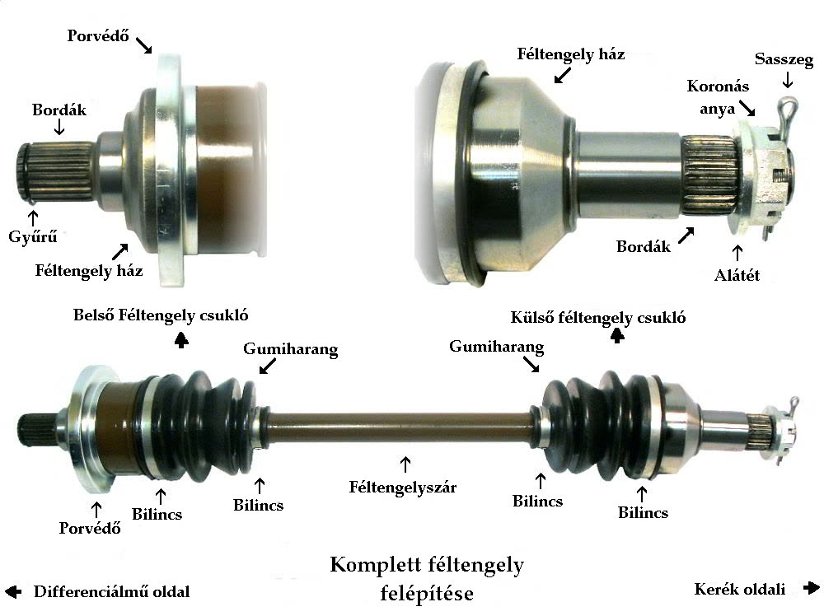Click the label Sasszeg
click(784, 59)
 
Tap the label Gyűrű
click(33, 237)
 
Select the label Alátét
click(737, 275)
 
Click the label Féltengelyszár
click(403, 488)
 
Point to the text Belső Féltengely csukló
click(161, 315)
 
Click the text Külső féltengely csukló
click(598, 317)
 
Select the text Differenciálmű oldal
click(111, 592)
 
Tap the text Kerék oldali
click(739, 589)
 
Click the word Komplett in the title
click(375, 565)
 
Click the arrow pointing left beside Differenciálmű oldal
click(13, 591)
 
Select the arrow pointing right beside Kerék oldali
click(811, 588)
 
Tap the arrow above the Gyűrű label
click(33, 218)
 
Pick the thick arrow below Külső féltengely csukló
click(617, 335)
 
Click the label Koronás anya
click(718, 97)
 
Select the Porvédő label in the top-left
click(98, 35)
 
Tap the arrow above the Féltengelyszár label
click(405, 464)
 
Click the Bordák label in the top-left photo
click(59, 110)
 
